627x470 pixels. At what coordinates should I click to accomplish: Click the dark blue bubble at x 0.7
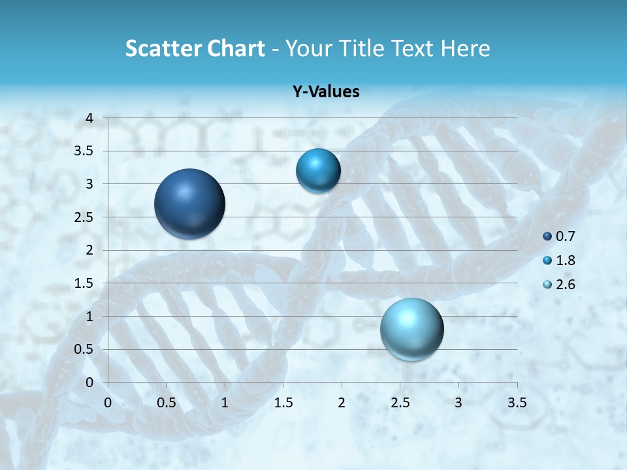190,204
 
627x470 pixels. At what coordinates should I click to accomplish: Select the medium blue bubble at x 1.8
318,170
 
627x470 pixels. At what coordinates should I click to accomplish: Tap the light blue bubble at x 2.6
412,329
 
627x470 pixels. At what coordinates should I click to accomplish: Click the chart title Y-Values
326,92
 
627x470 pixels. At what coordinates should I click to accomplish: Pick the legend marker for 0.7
547,236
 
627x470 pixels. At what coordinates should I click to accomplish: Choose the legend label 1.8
566,260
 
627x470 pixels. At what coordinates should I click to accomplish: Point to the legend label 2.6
566,285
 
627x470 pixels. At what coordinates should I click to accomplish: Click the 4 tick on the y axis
89,118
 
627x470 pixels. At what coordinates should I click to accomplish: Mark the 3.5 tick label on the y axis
84,151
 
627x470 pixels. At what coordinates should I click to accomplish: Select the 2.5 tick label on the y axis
84,217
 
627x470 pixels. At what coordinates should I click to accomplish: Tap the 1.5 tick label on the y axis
84,283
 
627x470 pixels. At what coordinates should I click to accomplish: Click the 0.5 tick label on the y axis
84,349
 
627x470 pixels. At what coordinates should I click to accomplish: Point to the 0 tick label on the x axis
108,403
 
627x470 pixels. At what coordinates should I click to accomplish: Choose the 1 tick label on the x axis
225,403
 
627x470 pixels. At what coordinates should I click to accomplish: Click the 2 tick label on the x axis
342,403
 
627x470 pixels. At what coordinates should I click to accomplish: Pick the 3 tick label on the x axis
458,403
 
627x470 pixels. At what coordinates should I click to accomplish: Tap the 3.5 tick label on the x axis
517,403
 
